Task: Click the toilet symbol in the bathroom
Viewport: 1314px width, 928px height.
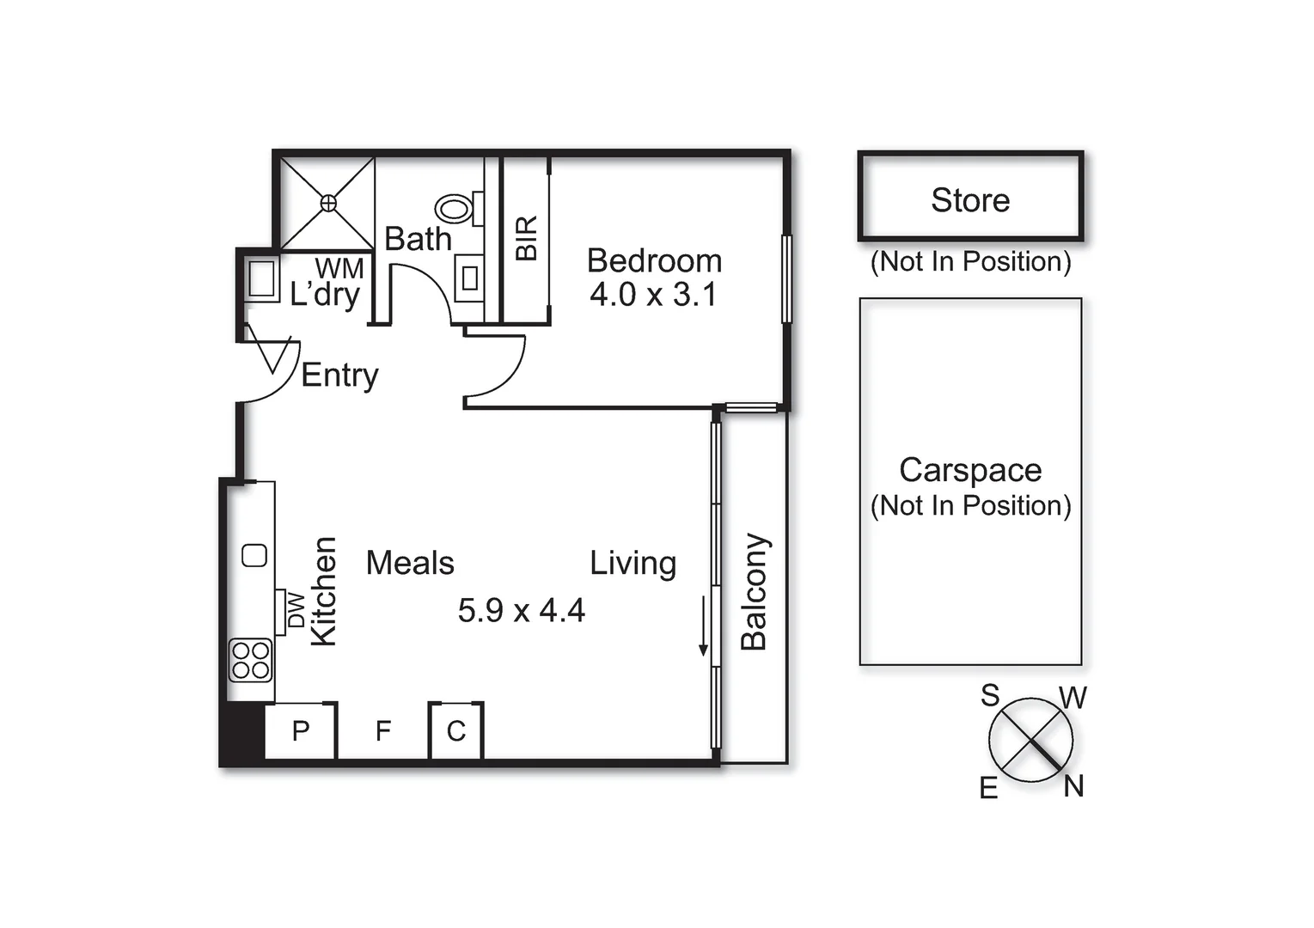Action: [x=455, y=208]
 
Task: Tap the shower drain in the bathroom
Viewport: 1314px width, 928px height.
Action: [x=328, y=203]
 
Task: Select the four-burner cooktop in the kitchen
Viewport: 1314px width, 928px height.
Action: [x=250, y=660]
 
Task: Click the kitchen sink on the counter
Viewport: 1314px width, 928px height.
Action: [x=254, y=555]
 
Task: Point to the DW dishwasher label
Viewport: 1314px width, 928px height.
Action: [x=296, y=609]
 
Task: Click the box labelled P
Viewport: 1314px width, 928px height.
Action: [x=300, y=731]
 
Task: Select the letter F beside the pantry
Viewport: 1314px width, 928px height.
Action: [x=383, y=731]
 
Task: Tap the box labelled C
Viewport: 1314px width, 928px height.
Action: [x=456, y=731]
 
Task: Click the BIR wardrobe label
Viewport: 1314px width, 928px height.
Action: [x=526, y=238]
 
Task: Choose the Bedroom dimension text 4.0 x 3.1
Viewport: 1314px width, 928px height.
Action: [x=653, y=295]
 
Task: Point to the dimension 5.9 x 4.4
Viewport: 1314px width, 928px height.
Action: [x=521, y=611]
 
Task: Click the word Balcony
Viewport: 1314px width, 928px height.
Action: [x=754, y=591]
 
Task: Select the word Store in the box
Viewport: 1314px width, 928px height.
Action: [x=970, y=200]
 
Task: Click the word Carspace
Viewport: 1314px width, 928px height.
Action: [x=970, y=470]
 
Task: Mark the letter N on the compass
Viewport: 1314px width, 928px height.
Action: [x=1073, y=785]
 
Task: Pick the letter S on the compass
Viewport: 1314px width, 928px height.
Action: [x=990, y=694]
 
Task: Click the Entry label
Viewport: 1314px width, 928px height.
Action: [x=339, y=375]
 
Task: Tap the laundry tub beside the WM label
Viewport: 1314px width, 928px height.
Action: [x=260, y=278]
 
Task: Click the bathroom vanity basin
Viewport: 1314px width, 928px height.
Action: [x=470, y=278]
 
